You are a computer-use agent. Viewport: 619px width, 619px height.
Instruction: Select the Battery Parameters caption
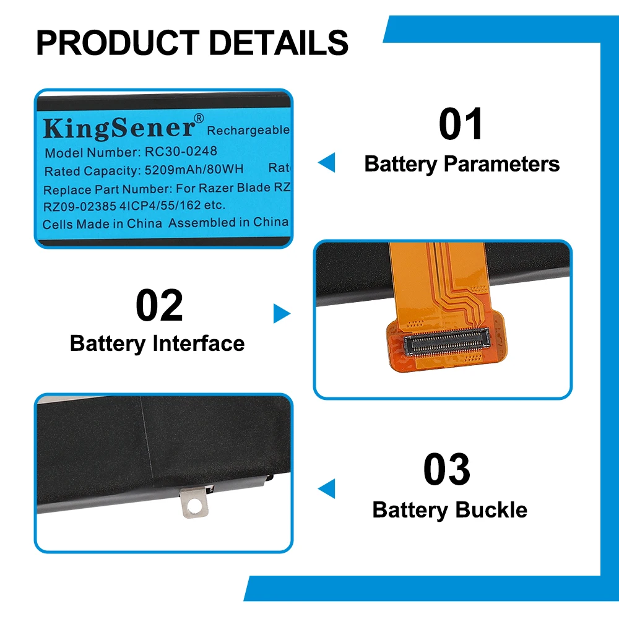pyautogui.click(x=462, y=164)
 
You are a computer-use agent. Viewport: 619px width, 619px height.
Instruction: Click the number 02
pyautogui.click(x=159, y=305)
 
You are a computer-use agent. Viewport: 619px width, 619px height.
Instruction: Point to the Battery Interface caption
pyautogui.click(x=157, y=343)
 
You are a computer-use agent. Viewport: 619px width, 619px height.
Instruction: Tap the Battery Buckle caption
pyautogui.click(x=450, y=510)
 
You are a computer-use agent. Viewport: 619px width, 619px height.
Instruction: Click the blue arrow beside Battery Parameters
pyautogui.click(x=326, y=163)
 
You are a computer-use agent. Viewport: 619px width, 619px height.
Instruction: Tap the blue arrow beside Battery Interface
pyautogui.click(x=282, y=314)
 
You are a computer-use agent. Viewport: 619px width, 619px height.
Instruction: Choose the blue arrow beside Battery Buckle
pyautogui.click(x=326, y=488)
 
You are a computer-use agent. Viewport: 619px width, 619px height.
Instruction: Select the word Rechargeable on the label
pyautogui.click(x=248, y=131)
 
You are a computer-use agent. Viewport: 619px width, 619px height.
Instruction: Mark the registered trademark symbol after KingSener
pyautogui.click(x=199, y=118)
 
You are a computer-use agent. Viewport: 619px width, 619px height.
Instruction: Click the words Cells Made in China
pyautogui.click(x=103, y=223)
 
